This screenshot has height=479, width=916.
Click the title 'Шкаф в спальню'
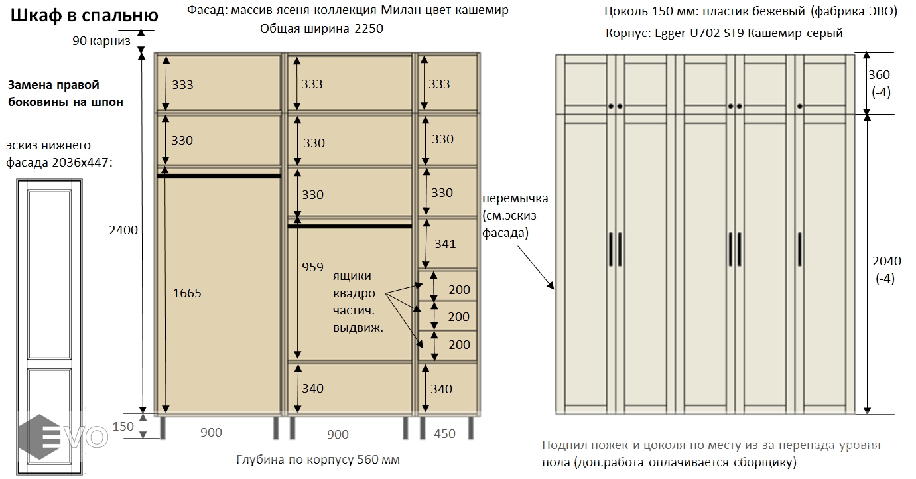[x=84, y=15]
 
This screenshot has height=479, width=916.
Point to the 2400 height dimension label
[x=123, y=230]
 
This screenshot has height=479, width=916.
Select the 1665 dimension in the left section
[x=186, y=293]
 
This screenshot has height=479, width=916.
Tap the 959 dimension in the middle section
[x=312, y=267]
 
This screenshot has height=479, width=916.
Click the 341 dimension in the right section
[x=445, y=243]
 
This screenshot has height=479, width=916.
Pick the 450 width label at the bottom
[x=444, y=433]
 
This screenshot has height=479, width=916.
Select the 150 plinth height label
[x=123, y=426]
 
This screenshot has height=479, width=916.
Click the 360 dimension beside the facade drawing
[x=880, y=75]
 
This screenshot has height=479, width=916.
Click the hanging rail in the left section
[x=219, y=176]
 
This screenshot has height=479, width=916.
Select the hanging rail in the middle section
[x=350, y=226]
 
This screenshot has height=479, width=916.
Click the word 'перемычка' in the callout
[x=515, y=199]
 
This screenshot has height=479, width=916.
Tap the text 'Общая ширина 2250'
[x=322, y=29]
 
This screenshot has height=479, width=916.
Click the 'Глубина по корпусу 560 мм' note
[x=318, y=460]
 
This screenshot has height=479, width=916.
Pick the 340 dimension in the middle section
[x=312, y=388]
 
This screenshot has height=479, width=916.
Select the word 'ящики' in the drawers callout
[x=352, y=276]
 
